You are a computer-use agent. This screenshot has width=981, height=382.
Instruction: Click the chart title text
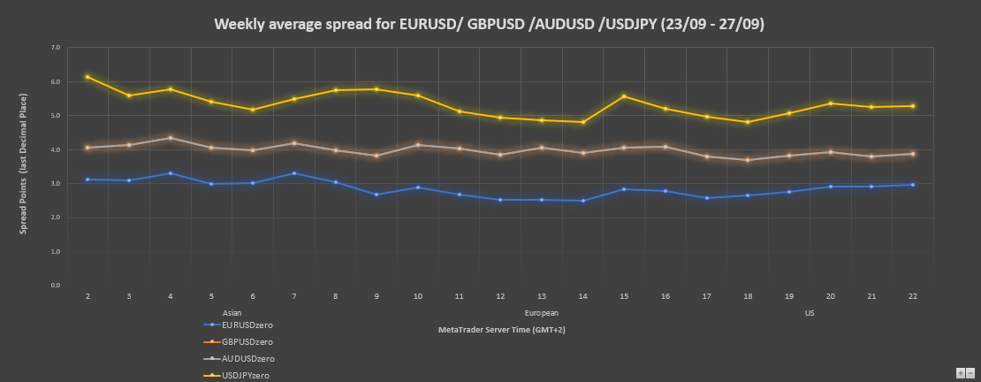pos(490,24)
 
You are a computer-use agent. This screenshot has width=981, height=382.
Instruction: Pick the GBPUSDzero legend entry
pos(247,341)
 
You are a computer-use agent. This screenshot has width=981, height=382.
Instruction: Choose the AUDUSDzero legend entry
pos(248,358)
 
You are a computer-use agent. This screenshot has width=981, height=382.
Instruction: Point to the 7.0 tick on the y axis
pos(56,48)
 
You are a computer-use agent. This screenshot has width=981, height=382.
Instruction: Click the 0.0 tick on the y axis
pos(56,286)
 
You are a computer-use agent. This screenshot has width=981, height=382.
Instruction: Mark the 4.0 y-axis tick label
pos(56,149)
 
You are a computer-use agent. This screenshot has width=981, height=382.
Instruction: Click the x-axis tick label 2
pos(87,297)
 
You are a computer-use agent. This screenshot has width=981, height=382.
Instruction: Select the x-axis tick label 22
pos(912,297)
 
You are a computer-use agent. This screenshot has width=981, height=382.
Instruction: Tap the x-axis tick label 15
pos(624,297)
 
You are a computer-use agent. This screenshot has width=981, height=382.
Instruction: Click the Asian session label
pos(232,313)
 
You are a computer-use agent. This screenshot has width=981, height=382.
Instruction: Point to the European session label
pos(541,313)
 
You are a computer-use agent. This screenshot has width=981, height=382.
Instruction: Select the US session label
pos(810,313)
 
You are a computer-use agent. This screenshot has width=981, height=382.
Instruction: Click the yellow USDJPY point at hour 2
pos(87,77)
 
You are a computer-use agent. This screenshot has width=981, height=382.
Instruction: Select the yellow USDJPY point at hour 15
pos(624,96)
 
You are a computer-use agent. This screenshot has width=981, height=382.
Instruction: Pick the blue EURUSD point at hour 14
pos(582,201)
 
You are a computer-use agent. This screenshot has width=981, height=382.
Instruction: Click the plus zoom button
pos(960,373)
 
